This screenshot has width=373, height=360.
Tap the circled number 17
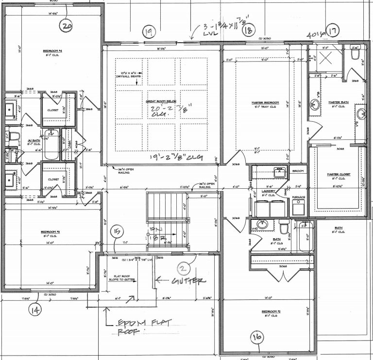click(332, 31)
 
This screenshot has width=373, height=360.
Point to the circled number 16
click(257, 338)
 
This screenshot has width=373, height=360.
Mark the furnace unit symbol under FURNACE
click(298, 208)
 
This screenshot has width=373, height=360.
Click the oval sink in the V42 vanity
click(263, 224)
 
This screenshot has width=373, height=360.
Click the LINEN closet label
click(69, 143)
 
